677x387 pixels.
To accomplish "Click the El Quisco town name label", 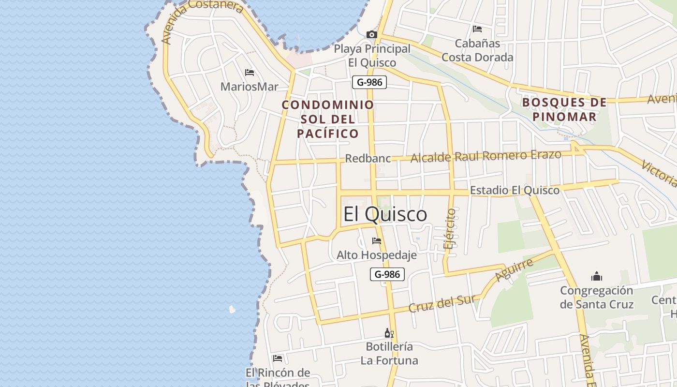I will [x=385, y=214].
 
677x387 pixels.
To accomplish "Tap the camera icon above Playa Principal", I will [x=371, y=34].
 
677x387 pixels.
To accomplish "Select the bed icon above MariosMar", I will [x=250, y=73].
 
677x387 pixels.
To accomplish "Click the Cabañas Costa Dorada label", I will [x=477, y=50].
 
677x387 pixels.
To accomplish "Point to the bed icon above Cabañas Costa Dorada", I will [x=477, y=29].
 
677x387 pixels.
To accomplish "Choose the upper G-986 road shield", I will [x=369, y=82].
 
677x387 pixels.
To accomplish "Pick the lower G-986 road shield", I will [x=387, y=274].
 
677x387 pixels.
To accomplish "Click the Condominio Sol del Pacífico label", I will [x=328, y=119].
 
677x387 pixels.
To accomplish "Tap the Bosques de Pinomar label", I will [x=564, y=109].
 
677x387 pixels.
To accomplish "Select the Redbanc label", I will [x=368, y=159].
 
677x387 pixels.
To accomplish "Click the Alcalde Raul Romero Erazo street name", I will [x=486, y=156].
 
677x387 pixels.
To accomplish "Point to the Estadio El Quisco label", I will [x=515, y=190].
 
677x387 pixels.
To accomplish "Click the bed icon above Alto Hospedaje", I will [x=376, y=241].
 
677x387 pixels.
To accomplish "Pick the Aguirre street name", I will [x=514, y=270].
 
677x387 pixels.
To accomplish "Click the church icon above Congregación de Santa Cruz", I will [x=597, y=277].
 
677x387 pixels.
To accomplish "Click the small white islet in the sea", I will [x=232, y=309].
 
